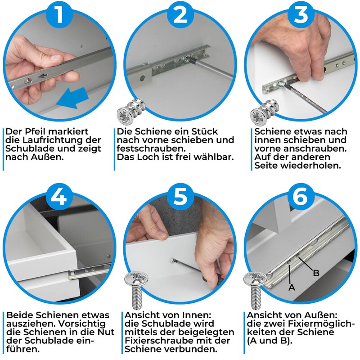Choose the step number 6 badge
tap(300, 196)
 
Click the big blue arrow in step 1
tap(72, 98)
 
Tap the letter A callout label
tap(292, 287)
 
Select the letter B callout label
tap(316, 273)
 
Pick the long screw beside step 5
tap(136, 290)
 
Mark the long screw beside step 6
tap(255, 290)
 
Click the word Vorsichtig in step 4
tap(81, 324)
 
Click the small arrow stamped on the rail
tap(43, 76)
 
